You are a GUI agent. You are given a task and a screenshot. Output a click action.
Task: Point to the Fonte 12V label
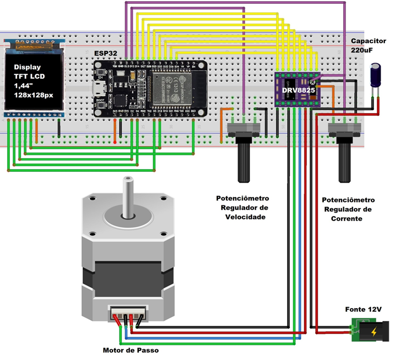363,310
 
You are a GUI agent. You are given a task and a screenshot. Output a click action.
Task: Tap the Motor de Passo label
131,350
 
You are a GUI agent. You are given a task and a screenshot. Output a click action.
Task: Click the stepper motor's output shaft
128,198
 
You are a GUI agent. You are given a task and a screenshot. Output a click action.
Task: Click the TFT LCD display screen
35,81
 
